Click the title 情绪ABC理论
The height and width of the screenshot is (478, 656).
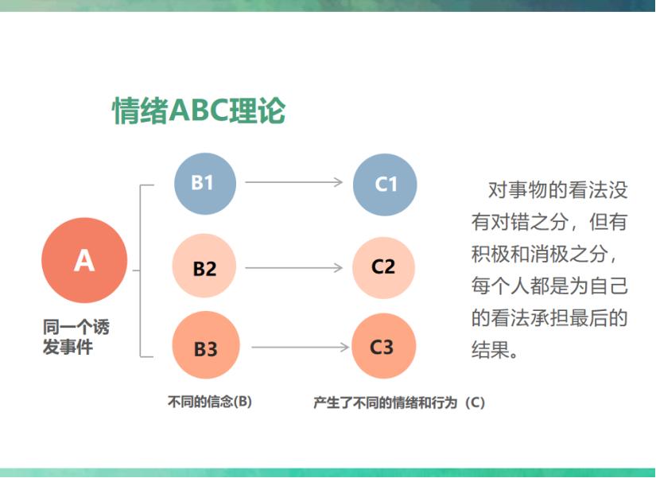[199, 111]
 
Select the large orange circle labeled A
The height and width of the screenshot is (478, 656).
[84, 260]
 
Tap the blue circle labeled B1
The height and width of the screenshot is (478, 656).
[205, 183]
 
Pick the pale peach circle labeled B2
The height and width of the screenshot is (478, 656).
[205, 266]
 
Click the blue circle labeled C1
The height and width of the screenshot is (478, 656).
[385, 184]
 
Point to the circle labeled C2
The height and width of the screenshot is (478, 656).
[384, 266]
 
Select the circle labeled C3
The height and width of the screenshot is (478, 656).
[383, 347]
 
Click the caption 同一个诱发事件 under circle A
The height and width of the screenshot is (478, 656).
[76, 337]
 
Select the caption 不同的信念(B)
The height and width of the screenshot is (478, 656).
[209, 402]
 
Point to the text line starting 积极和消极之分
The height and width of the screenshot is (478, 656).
[549, 254]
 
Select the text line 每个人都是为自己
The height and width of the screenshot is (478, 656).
[549, 286]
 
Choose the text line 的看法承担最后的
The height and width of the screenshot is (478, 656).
[549, 318]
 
